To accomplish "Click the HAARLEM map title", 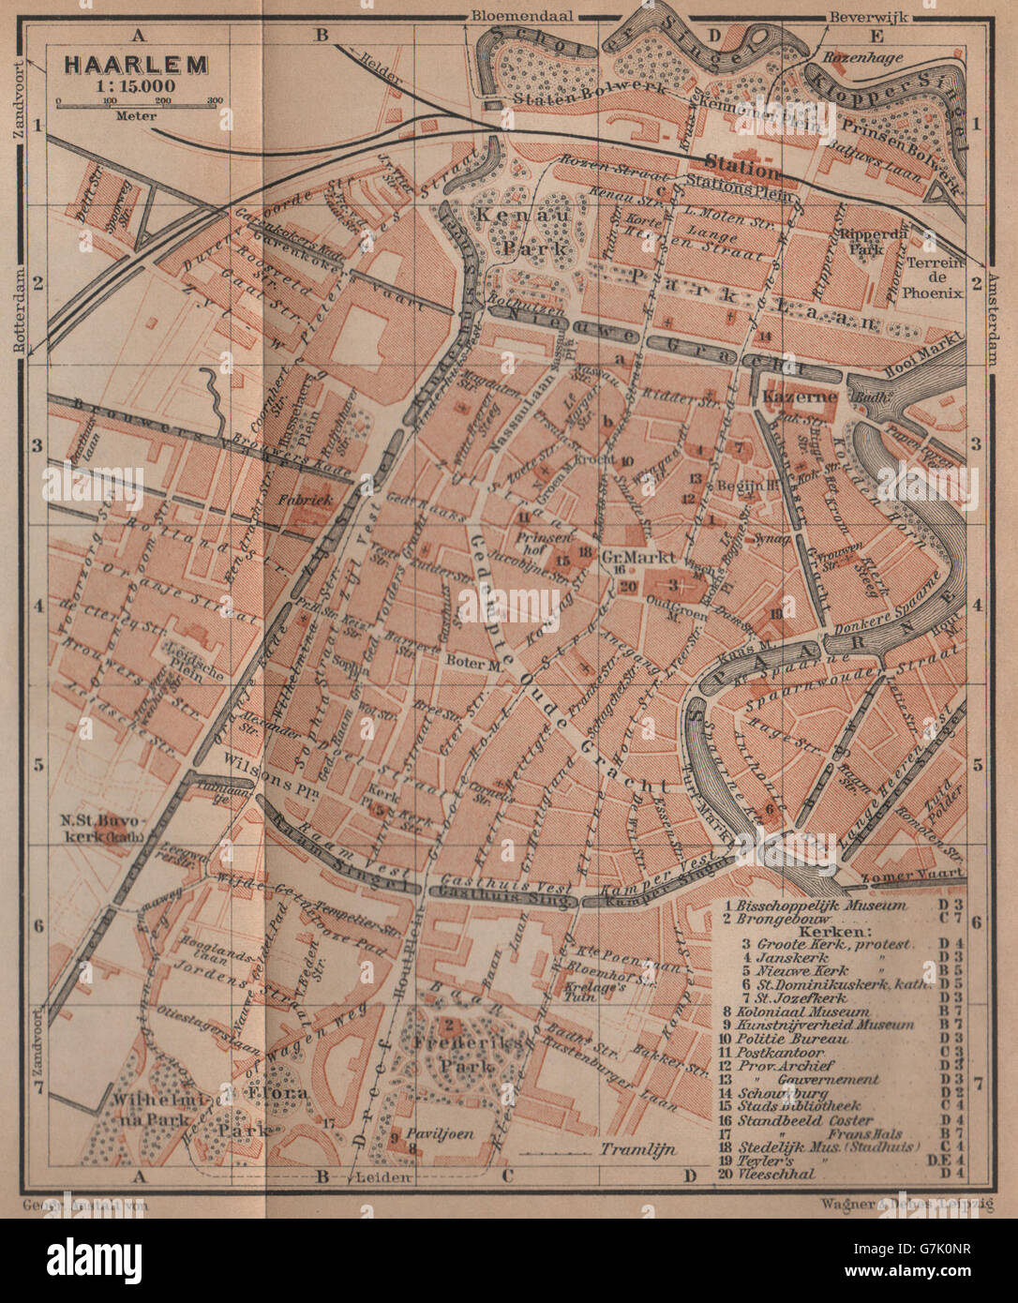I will pos(136,67).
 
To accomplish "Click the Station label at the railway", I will pos(742,172).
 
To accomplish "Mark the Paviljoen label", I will pos(441,1133).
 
